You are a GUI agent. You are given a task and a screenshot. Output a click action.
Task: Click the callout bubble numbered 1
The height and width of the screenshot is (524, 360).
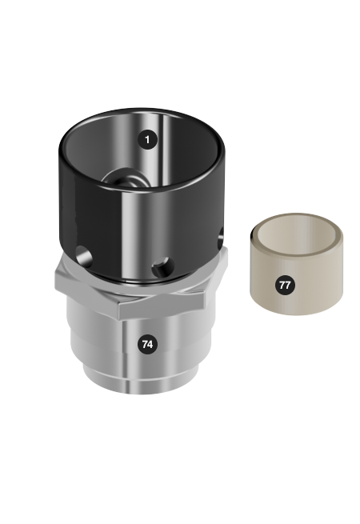pos(147,139)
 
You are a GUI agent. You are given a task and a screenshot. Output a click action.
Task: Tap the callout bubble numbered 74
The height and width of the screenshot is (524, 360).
pos(147,344)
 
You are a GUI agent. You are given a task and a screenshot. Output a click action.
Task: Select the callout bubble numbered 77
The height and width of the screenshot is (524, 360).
pos(285,285)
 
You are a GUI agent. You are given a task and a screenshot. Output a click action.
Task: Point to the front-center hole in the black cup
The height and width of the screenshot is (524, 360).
pos(162,267)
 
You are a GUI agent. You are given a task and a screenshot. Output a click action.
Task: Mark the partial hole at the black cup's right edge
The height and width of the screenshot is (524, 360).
pos(220,238)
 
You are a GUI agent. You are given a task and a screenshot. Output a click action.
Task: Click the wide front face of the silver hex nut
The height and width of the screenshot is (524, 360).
pos(161,305)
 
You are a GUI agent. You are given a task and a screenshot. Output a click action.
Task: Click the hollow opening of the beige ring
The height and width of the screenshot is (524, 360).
pos(296,240)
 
